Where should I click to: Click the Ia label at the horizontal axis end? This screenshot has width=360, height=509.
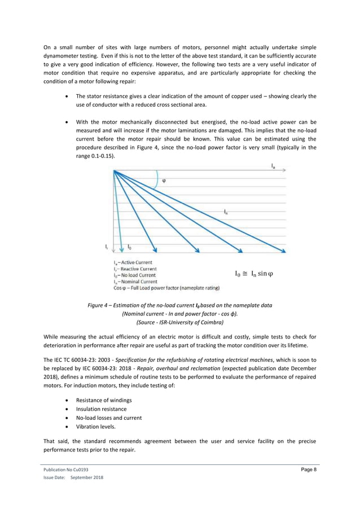tap(273, 166)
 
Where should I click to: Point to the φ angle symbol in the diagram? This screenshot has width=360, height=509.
tap(164, 181)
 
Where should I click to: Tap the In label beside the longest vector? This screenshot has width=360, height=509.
tap(226, 212)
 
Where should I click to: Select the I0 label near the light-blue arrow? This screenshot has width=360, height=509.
tap(130, 247)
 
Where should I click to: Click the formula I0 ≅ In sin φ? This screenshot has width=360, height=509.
tap(253, 274)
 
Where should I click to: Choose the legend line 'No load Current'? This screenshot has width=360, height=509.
tap(134, 275)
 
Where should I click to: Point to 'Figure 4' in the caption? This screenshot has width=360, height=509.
tap(100, 305)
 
